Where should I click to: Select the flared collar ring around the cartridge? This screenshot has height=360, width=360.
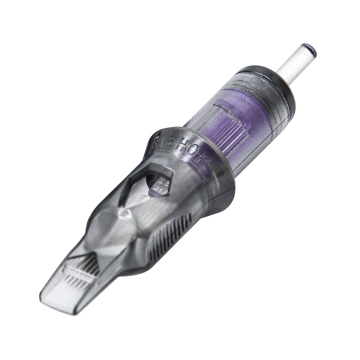[x=215, y=170]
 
